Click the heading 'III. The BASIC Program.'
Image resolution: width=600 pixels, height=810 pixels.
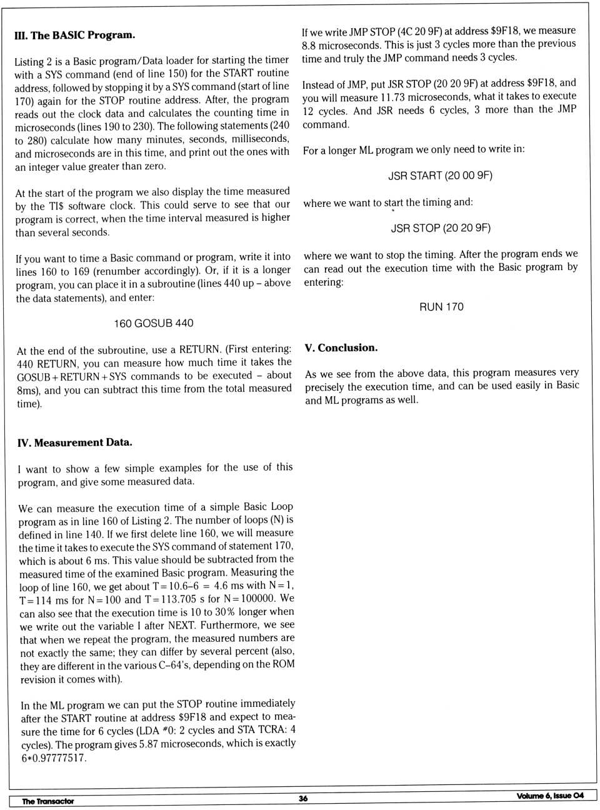click(x=74, y=35)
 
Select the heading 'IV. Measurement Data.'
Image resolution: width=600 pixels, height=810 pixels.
click(x=75, y=442)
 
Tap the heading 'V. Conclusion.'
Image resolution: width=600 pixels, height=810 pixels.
click(x=341, y=347)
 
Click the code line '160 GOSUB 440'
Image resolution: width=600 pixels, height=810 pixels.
click(x=154, y=323)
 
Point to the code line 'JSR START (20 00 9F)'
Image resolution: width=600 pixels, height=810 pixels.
click(x=441, y=176)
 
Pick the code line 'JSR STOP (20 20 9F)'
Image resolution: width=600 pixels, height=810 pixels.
click(x=441, y=228)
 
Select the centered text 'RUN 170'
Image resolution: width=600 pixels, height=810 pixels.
click(x=441, y=307)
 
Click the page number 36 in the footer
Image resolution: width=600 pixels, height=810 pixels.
click(x=303, y=798)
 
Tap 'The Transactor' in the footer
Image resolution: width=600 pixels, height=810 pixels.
click(x=48, y=801)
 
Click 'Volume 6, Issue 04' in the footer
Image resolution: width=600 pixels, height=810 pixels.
click(x=550, y=796)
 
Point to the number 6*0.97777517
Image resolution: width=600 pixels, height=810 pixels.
click(x=54, y=758)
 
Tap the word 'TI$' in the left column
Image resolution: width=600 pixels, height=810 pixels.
click(x=57, y=205)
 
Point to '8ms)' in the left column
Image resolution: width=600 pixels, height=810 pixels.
click(x=28, y=390)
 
